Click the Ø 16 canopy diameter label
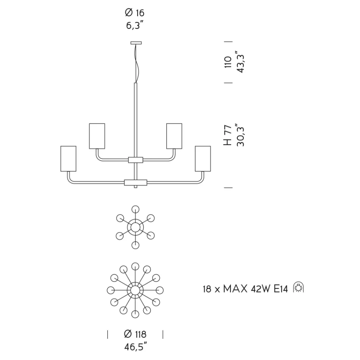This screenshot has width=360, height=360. point(135,13)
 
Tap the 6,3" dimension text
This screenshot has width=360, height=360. point(135,27)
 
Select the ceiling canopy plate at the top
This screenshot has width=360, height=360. point(136,42)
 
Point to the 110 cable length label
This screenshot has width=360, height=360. point(228,62)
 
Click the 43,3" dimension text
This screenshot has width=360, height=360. point(241,62)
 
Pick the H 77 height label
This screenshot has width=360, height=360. point(228,136)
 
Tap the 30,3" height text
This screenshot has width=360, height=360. point(241,135)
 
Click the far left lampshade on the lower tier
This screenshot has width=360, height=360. point(68,158)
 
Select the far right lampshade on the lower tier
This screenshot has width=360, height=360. point(202,158)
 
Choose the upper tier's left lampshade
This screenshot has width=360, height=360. point(97,136)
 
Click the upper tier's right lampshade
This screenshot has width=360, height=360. point(174,136)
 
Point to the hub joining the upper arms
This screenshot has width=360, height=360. point(135,160)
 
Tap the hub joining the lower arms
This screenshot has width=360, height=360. point(135,183)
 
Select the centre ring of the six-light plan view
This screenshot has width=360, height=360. point(135,227)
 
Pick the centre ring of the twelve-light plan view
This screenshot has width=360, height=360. point(135,290)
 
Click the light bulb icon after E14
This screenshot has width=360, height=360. point(299,288)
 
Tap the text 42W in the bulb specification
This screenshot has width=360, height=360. point(260,289)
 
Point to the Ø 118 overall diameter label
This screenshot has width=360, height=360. point(135,334)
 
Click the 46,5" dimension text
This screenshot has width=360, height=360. point(135,347)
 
